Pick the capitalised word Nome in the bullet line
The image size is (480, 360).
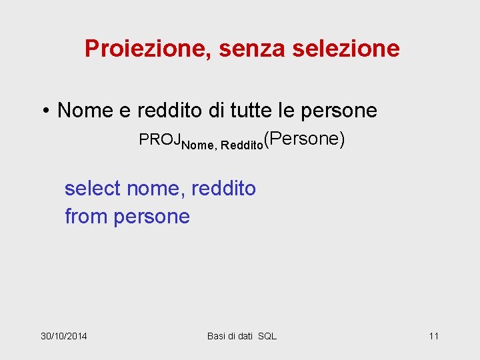85,110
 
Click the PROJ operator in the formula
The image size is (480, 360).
160,140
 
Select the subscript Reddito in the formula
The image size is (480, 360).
242,145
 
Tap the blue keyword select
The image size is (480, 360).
92,189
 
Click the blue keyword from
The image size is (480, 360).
86,217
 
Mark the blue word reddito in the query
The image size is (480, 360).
223,189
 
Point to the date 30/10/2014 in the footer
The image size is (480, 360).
64,335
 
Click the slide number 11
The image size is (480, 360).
433,335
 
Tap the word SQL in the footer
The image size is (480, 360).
267,335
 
